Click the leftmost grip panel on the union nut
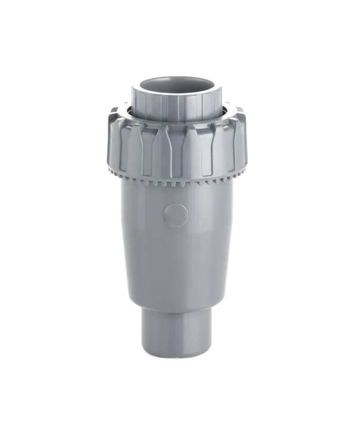pyautogui.click(x=116, y=144)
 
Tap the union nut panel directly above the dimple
pyautogui.click(x=175, y=151)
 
